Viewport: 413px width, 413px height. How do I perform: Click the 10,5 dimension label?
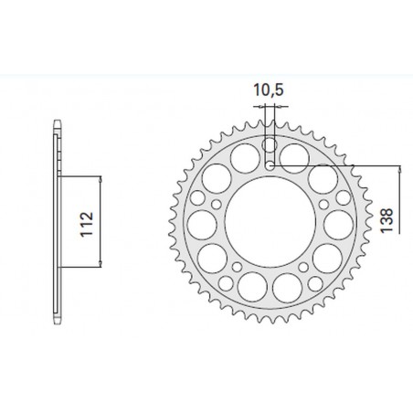(x=269, y=90)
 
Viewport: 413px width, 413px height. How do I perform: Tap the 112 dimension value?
(x=86, y=224)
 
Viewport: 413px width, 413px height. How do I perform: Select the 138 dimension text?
(x=387, y=220)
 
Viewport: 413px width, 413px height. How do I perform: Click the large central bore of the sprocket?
(x=270, y=222)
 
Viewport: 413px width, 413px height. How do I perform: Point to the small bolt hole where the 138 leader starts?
(x=270, y=166)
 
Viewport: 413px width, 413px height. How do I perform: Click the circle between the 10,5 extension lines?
(x=270, y=144)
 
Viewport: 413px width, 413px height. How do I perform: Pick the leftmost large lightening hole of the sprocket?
(x=202, y=225)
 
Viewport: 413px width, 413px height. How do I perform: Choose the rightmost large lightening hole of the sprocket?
(x=338, y=225)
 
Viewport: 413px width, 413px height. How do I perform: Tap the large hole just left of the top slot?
(x=245, y=159)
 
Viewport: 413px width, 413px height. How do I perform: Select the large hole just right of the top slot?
(x=294, y=159)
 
